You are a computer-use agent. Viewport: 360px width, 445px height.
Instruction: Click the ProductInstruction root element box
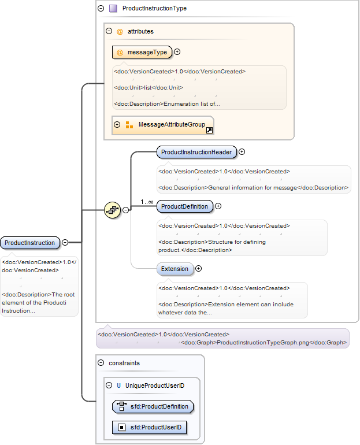pyautogui.click(x=30, y=243)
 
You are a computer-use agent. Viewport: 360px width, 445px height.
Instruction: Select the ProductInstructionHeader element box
pyautogui.click(x=196, y=152)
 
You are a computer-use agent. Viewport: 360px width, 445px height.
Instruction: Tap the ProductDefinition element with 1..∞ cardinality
pyautogui.click(x=184, y=206)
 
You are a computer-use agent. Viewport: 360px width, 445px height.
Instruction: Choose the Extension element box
pyautogui.click(x=175, y=269)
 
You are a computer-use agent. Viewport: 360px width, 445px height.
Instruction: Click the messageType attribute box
pyautogui.click(x=142, y=52)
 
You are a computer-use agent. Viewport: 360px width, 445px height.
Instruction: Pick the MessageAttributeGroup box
pyautogui.click(x=163, y=125)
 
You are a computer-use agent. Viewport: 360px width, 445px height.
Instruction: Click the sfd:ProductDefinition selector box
pyautogui.click(x=153, y=406)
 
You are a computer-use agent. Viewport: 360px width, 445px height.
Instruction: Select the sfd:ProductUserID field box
pyautogui.click(x=150, y=428)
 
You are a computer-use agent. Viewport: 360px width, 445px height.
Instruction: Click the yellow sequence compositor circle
pyautogui.click(x=112, y=210)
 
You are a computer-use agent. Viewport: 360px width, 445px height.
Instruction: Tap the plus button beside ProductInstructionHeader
pyautogui.click(x=242, y=152)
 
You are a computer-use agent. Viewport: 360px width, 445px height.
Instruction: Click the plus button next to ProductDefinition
pyautogui.click(x=218, y=206)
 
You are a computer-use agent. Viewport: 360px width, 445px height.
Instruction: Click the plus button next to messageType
pyautogui.click(x=177, y=51)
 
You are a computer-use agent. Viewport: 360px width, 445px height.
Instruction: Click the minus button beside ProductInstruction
pyautogui.click(x=65, y=242)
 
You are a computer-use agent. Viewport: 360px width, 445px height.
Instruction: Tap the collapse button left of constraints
pyautogui.click(x=101, y=363)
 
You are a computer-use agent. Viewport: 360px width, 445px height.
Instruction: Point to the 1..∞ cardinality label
pyautogui.click(x=147, y=202)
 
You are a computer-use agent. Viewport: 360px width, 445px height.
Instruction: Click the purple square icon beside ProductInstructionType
pyautogui.click(x=113, y=8)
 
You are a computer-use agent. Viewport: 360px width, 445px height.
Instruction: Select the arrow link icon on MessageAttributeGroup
pyautogui.click(x=209, y=130)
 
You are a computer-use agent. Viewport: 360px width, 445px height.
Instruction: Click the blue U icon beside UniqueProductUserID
pyautogui.click(x=118, y=385)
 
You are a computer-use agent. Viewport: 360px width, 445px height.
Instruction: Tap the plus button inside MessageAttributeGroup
pyautogui.click(x=117, y=124)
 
